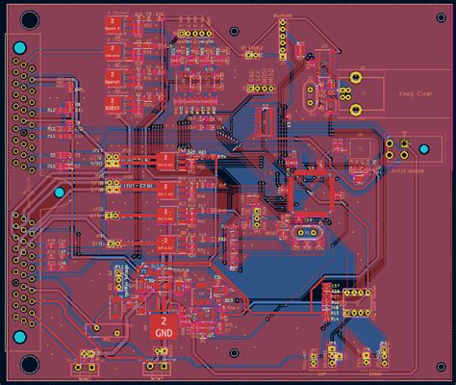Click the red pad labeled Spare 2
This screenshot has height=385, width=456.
[x=112, y=31]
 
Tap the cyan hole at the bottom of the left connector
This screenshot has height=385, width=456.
[x=60, y=194]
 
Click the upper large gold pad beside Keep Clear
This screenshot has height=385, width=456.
[x=356, y=77]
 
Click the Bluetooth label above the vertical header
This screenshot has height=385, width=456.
[x=283, y=15]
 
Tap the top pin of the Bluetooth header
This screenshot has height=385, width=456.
[x=283, y=26]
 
